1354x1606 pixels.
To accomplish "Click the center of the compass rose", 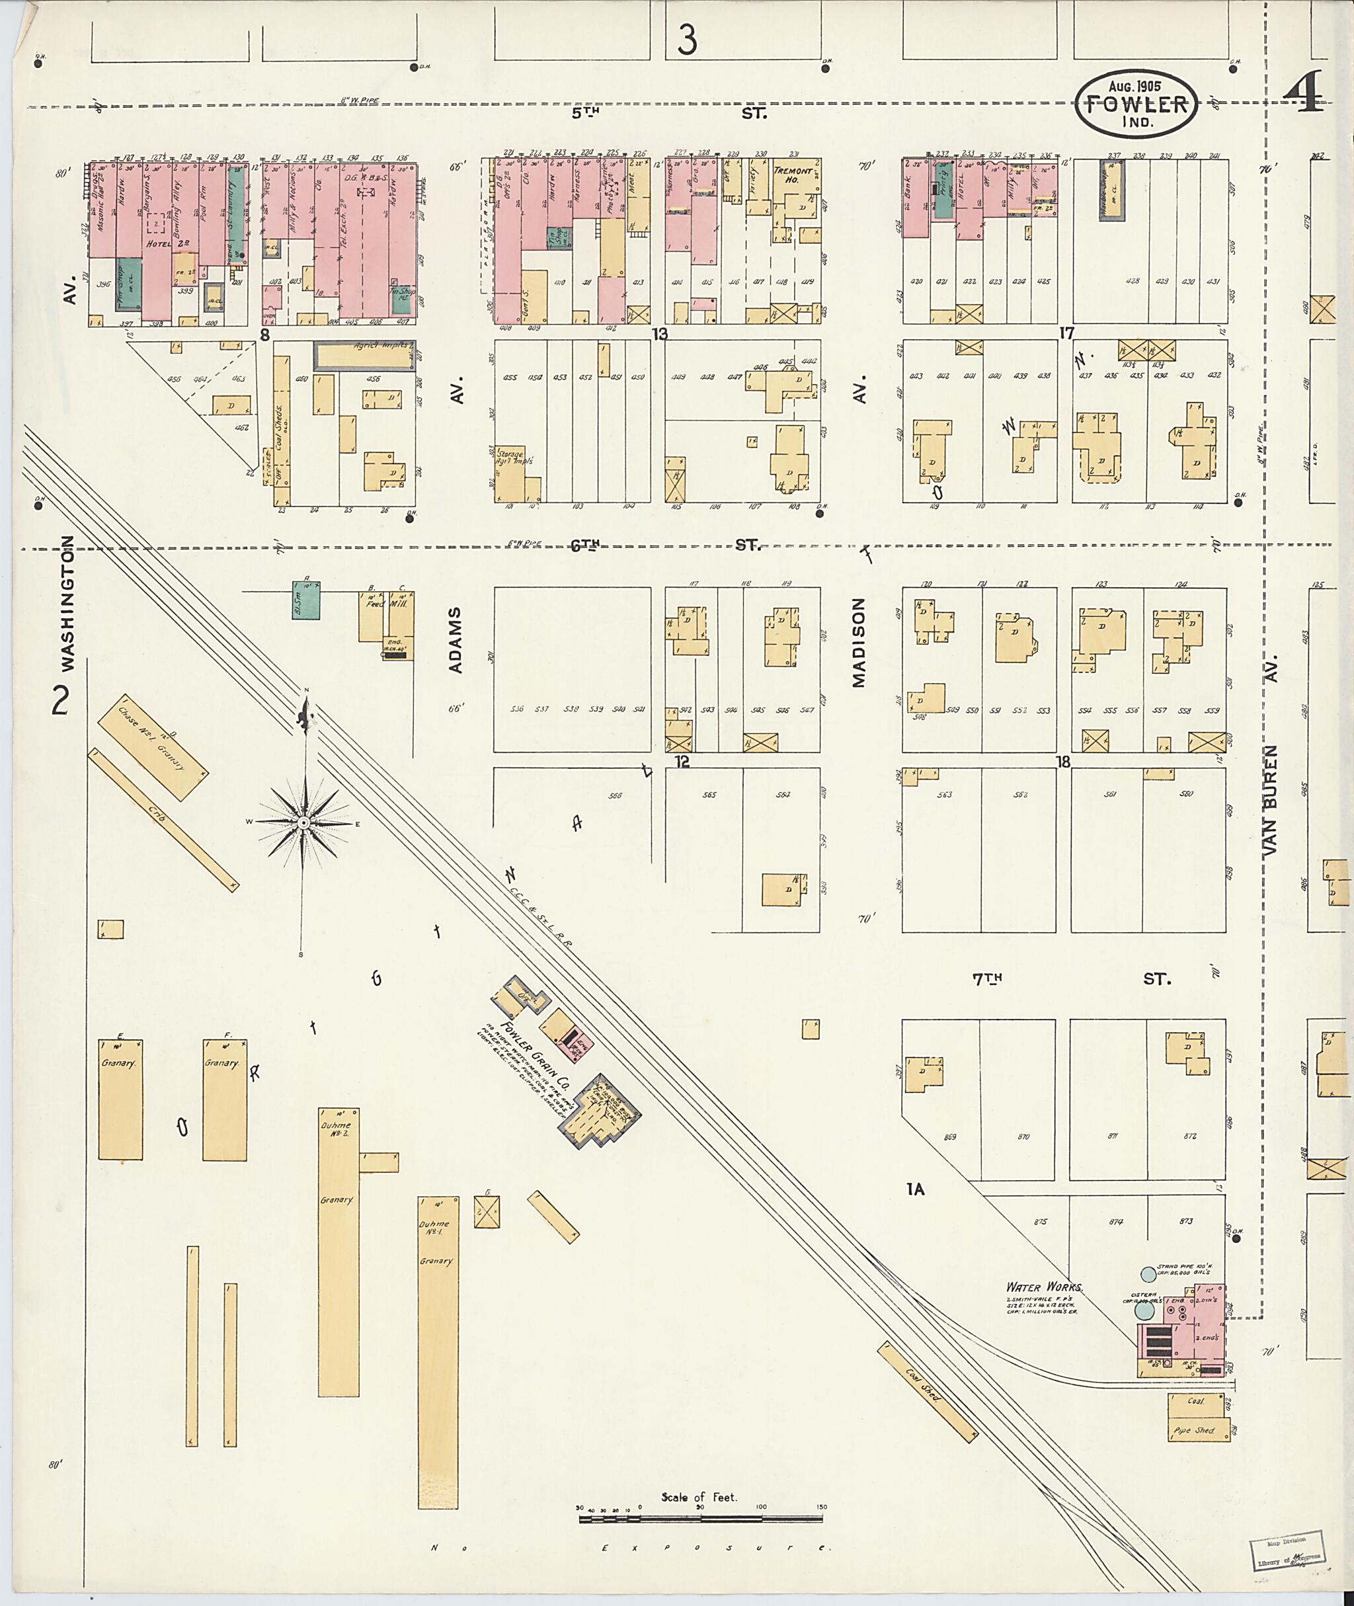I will click(303, 823).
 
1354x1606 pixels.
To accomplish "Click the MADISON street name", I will click(859, 643).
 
